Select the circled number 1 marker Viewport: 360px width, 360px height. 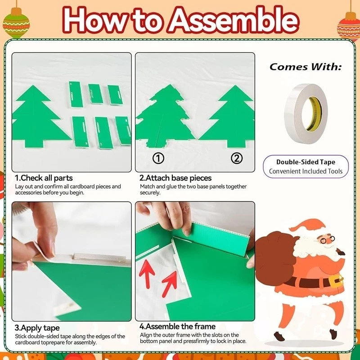[x=158, y=158]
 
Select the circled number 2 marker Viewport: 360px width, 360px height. [x=237, y=158]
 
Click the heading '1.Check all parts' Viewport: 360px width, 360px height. [x=44, y=178]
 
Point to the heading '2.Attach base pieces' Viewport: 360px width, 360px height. [x=175, y=178]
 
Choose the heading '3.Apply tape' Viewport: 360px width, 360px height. [x=37, y=328]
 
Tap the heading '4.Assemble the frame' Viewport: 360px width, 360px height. [x=177, y=326]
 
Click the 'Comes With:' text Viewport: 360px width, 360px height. [x=306, y=67]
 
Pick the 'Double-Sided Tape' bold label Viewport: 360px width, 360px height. [x=306, y=162]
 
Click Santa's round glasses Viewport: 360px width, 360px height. [x=327, y=240]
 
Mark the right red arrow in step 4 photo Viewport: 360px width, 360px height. [x=170, y=284]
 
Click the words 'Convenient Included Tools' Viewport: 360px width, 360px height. [x=306, y=171]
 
